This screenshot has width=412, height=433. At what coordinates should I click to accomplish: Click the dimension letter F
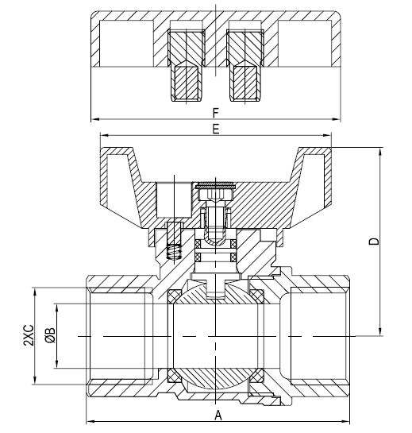click(216, 113)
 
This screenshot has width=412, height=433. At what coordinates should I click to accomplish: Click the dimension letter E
click(216, 129)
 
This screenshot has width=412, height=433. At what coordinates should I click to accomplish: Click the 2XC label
click(28, 336)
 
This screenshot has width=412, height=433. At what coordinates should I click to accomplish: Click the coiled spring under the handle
click(176, 253)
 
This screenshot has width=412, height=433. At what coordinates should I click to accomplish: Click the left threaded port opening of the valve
click(119, 336)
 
